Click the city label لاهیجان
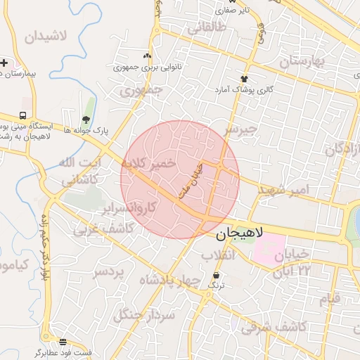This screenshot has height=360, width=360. pos(235,233)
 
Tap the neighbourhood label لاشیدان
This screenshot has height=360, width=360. pos(49,37)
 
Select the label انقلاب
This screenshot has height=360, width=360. pos(217,256)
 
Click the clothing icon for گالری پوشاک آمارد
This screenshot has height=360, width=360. pos(245,79)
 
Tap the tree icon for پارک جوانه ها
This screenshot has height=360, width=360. pos(86,119)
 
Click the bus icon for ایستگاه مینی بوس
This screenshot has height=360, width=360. pos(23,115)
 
